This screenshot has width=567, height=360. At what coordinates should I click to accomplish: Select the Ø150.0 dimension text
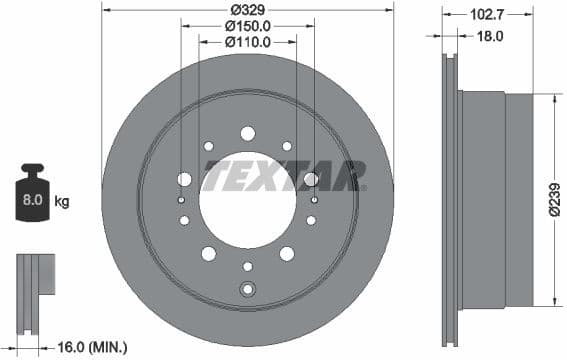click(247, 25)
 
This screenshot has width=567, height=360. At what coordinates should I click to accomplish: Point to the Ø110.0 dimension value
click(247, 42)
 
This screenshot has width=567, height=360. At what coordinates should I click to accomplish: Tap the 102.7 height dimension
click(487, 15)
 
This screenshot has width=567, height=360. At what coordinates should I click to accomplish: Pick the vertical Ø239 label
click(553, 201)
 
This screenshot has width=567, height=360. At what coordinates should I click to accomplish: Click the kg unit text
click(61, 201)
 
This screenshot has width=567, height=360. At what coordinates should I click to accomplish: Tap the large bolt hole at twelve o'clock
click(247, 133)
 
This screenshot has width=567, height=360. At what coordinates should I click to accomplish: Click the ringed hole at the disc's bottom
click(247, 290)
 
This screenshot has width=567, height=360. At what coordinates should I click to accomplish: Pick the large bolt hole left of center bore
click(184, 179)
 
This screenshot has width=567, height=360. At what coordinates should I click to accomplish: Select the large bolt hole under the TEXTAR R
click(311, 179)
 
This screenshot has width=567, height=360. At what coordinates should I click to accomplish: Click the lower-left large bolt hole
click(208, 253)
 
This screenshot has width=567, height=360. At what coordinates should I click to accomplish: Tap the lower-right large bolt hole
click(287, 253)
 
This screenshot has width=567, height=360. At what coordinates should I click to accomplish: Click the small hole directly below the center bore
click(247, 266)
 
